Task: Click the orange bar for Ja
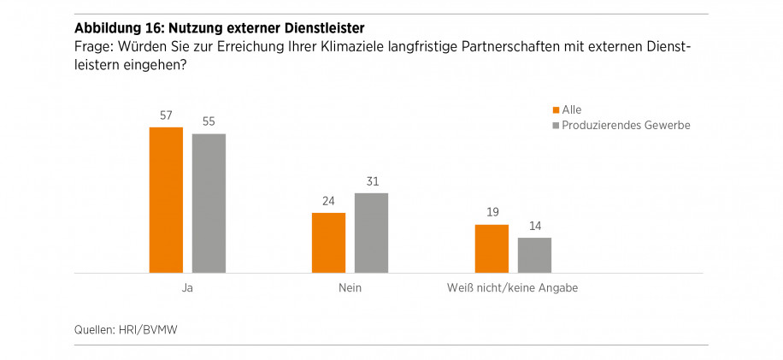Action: pyautogui.click(x=166, y=200)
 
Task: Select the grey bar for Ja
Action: pyautogui.click(x=209, y=204)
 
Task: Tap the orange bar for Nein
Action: pyautogui.click(x=328, y=243)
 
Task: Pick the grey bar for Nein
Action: pyautogui.click(x=371, y=233)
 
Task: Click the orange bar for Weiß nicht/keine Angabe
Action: pyautogui.click(x=492, y=249)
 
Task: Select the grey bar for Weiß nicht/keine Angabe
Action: pyautogui.click(x=534, y=255)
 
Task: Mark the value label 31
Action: pyautogui.click(x=371, y=182)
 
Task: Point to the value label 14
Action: pyautogui.click(x=534, y=227)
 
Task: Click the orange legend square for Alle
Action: pyautogui.click(x=556, y=109)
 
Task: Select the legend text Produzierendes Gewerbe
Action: pyautogui.click(x=626, y=126)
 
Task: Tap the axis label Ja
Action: pyautogui.click(x=187, y=288)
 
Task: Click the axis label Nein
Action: pyautogui.click(x=350, y=288)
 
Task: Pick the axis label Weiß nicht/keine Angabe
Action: pyautogui.click(x=513, y=288)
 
